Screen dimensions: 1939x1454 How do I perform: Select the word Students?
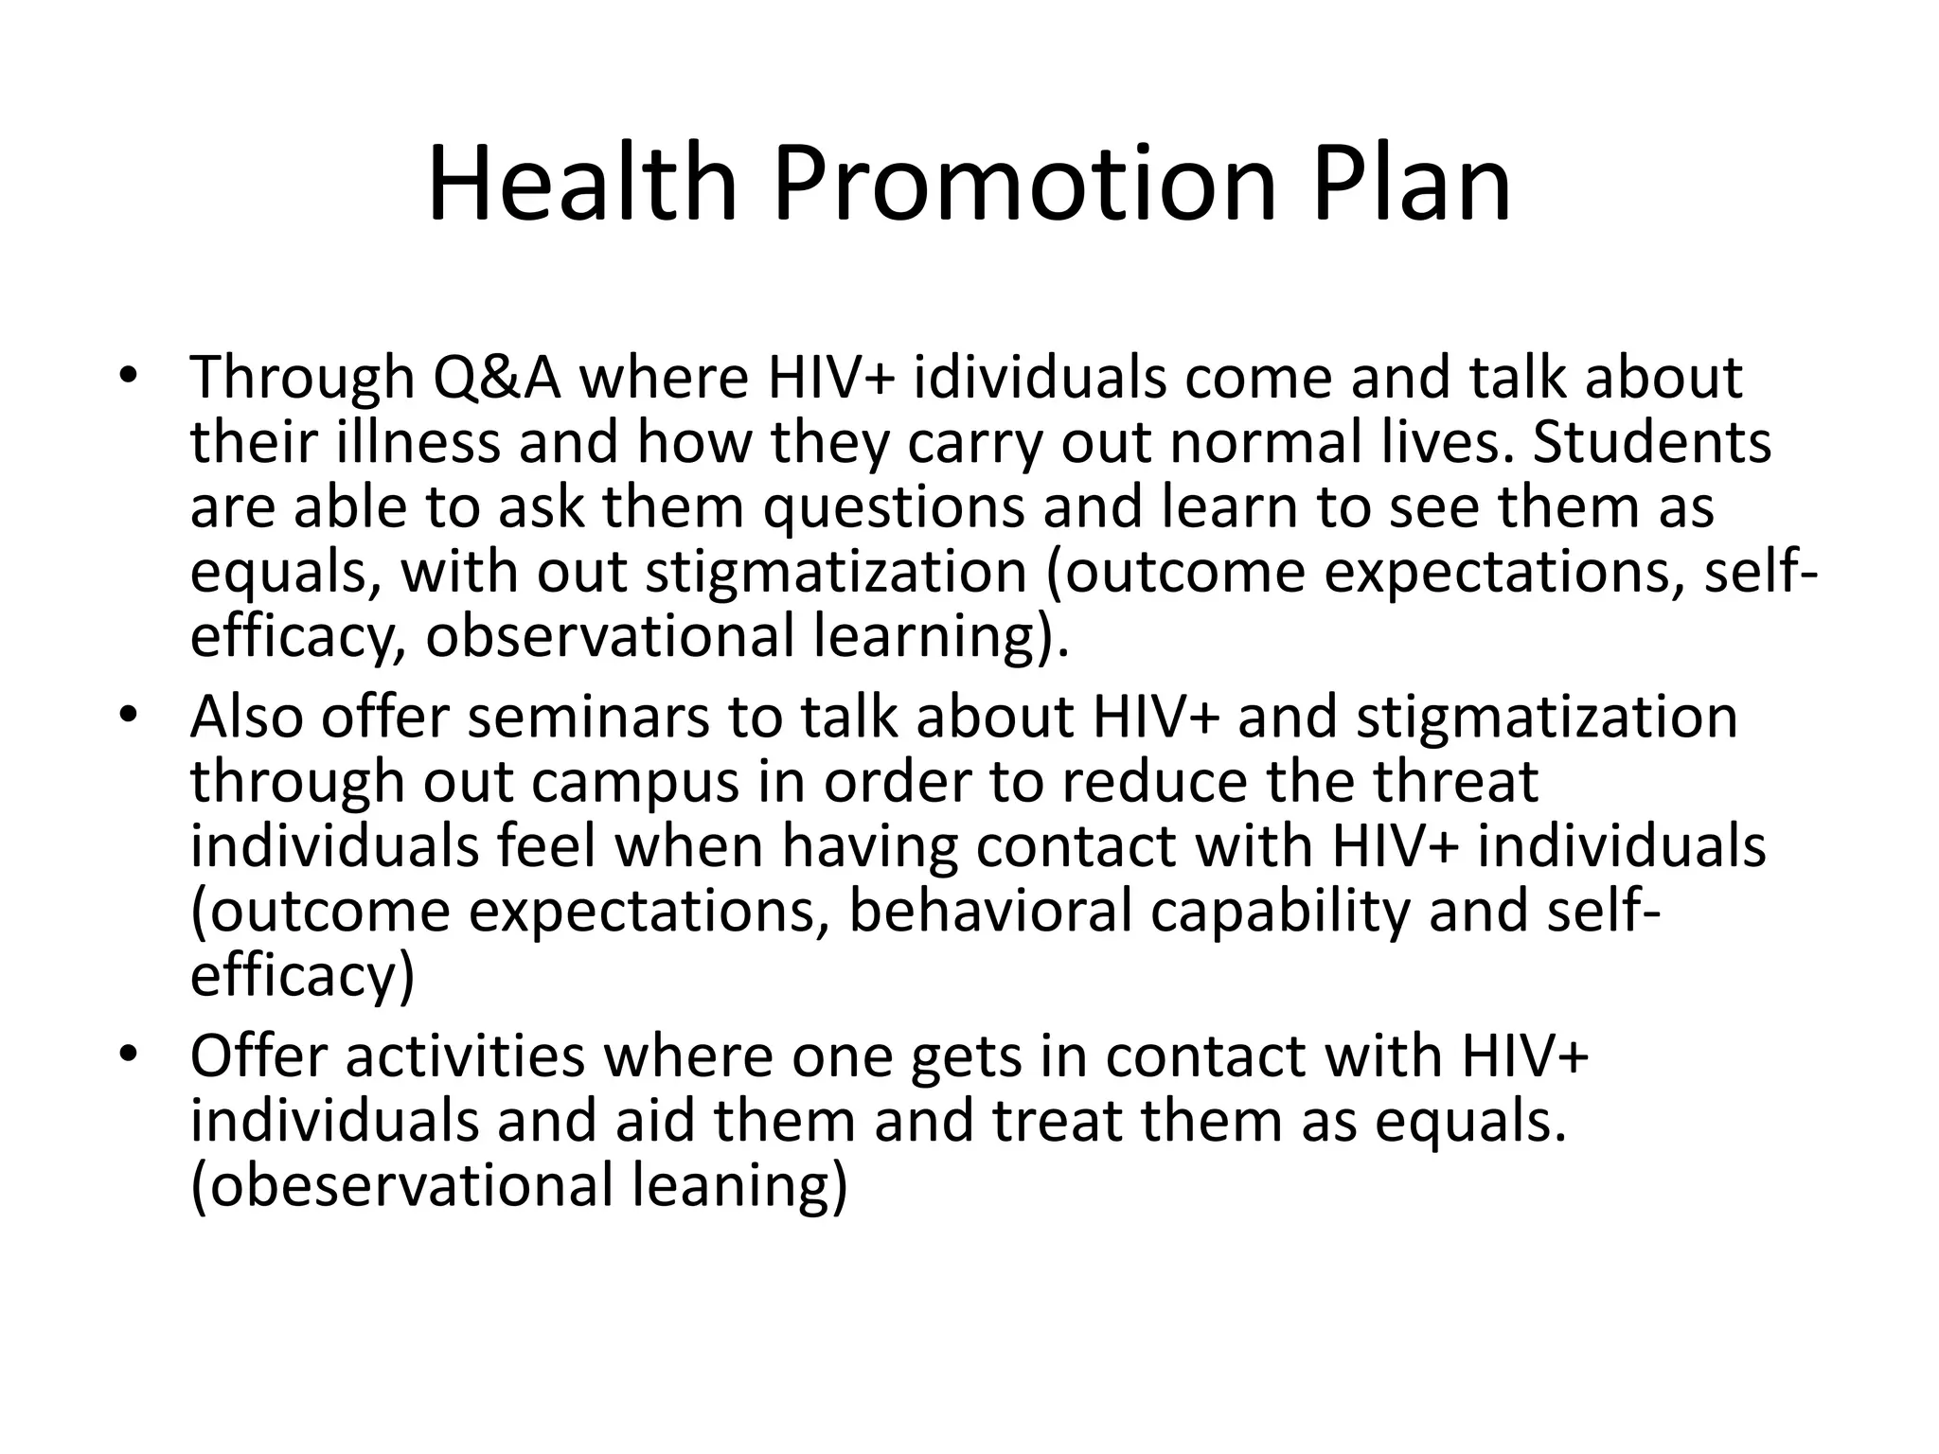pos(1651,441)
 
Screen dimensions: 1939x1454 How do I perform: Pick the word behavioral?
pos(990,911)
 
